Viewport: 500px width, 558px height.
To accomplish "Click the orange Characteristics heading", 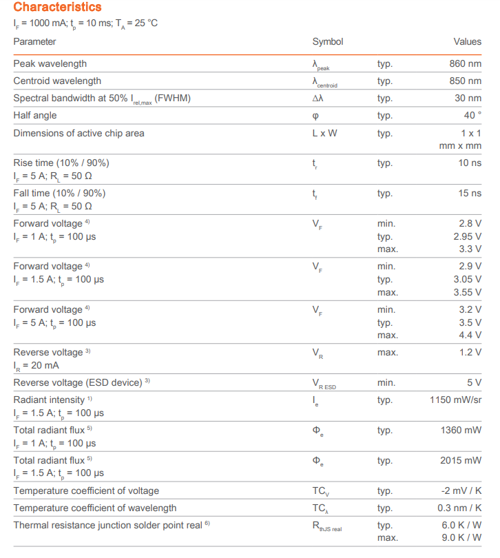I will coord(57,8).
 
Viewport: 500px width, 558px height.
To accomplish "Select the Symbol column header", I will coord(327,42).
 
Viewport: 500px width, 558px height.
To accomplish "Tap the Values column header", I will coord(467,42).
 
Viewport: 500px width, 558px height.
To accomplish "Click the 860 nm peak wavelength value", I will coord(465,64).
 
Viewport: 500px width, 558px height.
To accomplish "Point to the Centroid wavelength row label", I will coord(57,81).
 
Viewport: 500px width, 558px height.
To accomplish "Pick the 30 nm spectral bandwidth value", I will coord(468,99).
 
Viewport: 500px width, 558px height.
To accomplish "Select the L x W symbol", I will coord(324,133).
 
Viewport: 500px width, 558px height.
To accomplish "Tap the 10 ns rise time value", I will coord(470,163).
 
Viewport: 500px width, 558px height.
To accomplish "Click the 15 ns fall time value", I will coord(470,194).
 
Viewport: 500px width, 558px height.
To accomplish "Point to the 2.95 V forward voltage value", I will coord(468,236).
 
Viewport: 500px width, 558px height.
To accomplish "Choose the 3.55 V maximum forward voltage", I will coord(468,292).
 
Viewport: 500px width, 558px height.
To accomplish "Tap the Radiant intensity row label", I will coord(49,400).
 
